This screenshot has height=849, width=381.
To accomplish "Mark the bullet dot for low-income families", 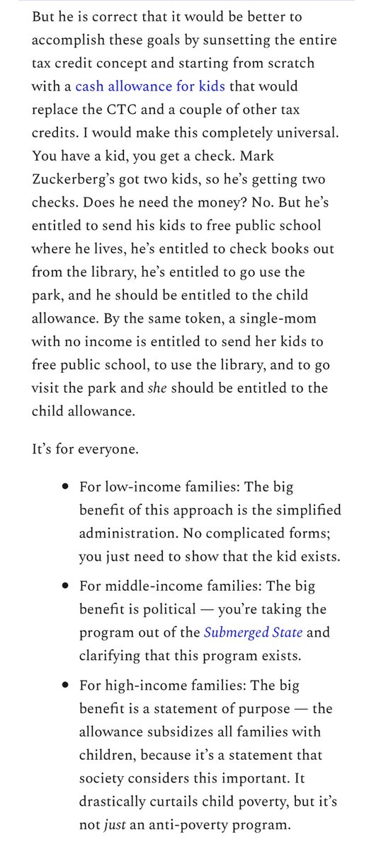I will tap(65, 488).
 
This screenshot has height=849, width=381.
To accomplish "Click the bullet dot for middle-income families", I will tap(65, 587).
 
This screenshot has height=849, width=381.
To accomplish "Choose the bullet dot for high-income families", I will tap(65, 684).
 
